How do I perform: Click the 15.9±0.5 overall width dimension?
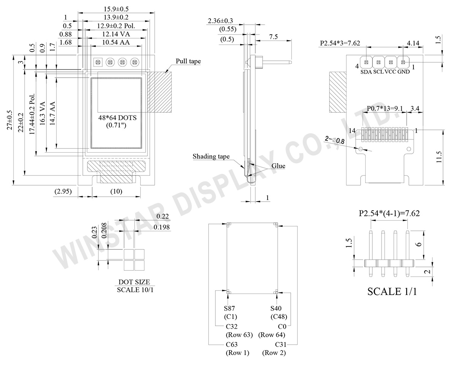click(116, 9)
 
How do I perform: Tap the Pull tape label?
click(188, 61)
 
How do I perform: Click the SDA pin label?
click(366, 72)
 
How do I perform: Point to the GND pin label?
click(404, 72)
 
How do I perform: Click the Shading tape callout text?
click(211, 156)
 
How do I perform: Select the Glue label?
click(278, 166)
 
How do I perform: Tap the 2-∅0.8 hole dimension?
click(335, 140)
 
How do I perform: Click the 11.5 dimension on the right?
click(439, 157)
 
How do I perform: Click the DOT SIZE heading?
click(134, 282)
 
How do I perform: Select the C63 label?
click(232, 344)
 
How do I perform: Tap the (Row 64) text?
click(272, 335)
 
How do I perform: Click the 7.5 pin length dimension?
click(273, 37)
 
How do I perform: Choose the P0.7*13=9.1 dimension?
click(385, 109)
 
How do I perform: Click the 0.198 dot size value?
click(161, 227)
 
